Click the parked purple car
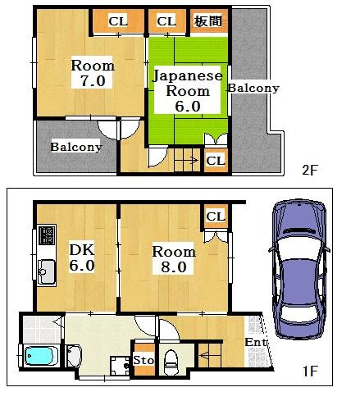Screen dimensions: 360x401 pyautogui.click(x=299, y=269)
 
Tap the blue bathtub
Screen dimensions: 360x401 pyautogui.click(x=39, y=356)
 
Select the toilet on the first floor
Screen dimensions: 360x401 pyautogui.click(x=171, y=362)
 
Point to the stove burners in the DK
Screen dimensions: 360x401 pyautogui.click(x=47, y=235)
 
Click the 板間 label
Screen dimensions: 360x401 pyautogui.click(x=207, y=21)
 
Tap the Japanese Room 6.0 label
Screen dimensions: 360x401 pyautogui.click(x=188, y=91)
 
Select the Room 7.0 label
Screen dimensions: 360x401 pyautogui.click(x=93, y=73)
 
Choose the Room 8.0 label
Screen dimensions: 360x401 pyautogui.click(x=174, y=259)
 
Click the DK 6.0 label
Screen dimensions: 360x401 pyautogui.click(x=82, y=257)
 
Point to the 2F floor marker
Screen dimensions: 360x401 pyautogui.click(x=310, y=171)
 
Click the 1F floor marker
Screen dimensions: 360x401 pyautogui.click(x=310, y=371)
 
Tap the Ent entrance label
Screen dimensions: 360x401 pyautogui.click(x=256, y=342)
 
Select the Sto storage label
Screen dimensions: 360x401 pyautogui.click(x=144, y=360)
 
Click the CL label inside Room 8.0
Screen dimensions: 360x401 pyautogui.click(x=216, y=216)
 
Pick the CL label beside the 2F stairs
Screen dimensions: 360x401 pyautogui.click(x=216, y=161)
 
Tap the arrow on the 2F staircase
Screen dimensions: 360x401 pyautogui.click(x=188, y=160)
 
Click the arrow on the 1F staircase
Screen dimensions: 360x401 pyautogui.click(x=210, y=356)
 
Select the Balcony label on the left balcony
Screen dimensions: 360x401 pyautogui.click(x=76, y=147)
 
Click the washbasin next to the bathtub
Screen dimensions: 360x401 pyautogui.click(x=74, y=356)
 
